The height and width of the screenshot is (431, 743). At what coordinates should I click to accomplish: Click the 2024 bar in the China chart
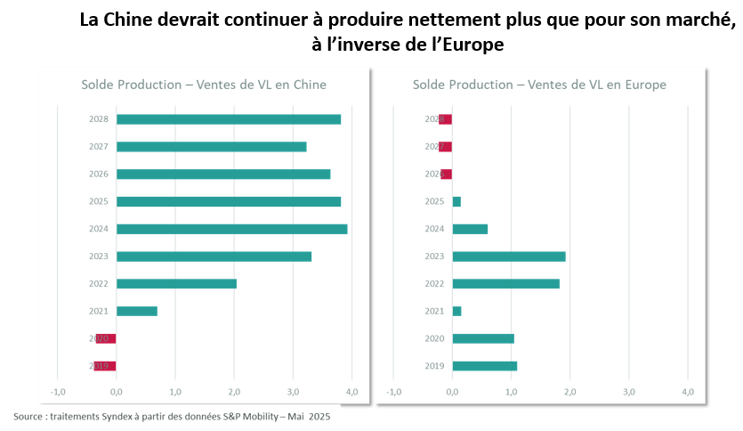[231, 229]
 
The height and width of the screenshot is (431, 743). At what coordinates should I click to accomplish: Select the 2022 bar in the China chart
[176, 283]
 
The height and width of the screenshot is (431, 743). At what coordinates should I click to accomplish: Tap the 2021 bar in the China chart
[137, 311]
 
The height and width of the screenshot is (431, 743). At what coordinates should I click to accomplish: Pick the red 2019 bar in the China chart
[106, 366]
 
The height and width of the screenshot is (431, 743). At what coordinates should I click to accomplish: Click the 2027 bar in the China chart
[211, 147]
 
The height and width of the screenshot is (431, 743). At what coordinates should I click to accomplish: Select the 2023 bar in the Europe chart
[509, 256]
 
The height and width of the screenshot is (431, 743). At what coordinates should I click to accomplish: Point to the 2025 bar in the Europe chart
[456, 201]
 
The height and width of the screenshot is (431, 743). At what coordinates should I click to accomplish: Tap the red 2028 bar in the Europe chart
[446, 119]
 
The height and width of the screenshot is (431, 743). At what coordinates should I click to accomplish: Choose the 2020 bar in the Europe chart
[483, 338]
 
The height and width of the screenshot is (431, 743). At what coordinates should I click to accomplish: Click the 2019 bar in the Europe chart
[484, 366]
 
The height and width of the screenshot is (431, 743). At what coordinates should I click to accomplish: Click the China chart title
[204, 85]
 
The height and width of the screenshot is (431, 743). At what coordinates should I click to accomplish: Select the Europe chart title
[539, 85]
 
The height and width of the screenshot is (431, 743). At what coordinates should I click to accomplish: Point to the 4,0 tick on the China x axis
[351, 392]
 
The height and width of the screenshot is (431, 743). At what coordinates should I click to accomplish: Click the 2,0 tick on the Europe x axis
[569, 392]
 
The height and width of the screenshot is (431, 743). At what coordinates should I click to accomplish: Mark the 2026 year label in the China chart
[99, 175]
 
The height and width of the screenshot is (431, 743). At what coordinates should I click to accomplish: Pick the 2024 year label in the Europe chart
[434, 229]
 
